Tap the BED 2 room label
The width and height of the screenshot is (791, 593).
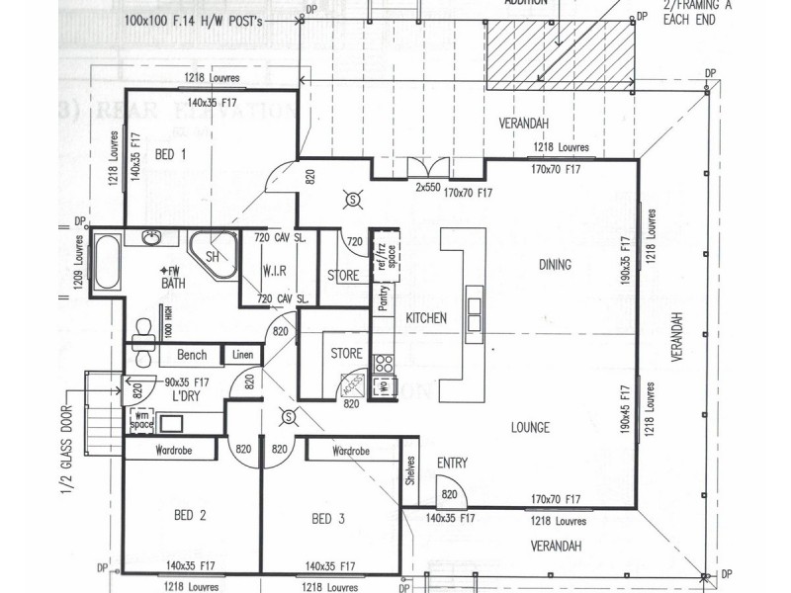189,516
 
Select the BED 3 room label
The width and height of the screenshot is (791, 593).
327,519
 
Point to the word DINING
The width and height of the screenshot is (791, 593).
556,265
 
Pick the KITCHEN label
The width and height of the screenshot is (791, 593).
426,318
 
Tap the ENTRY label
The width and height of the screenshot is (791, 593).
452,463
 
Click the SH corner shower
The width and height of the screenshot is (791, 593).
211,255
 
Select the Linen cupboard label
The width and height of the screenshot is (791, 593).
243,355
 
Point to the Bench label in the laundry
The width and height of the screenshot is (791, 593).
191,355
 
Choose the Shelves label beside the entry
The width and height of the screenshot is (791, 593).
409,475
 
